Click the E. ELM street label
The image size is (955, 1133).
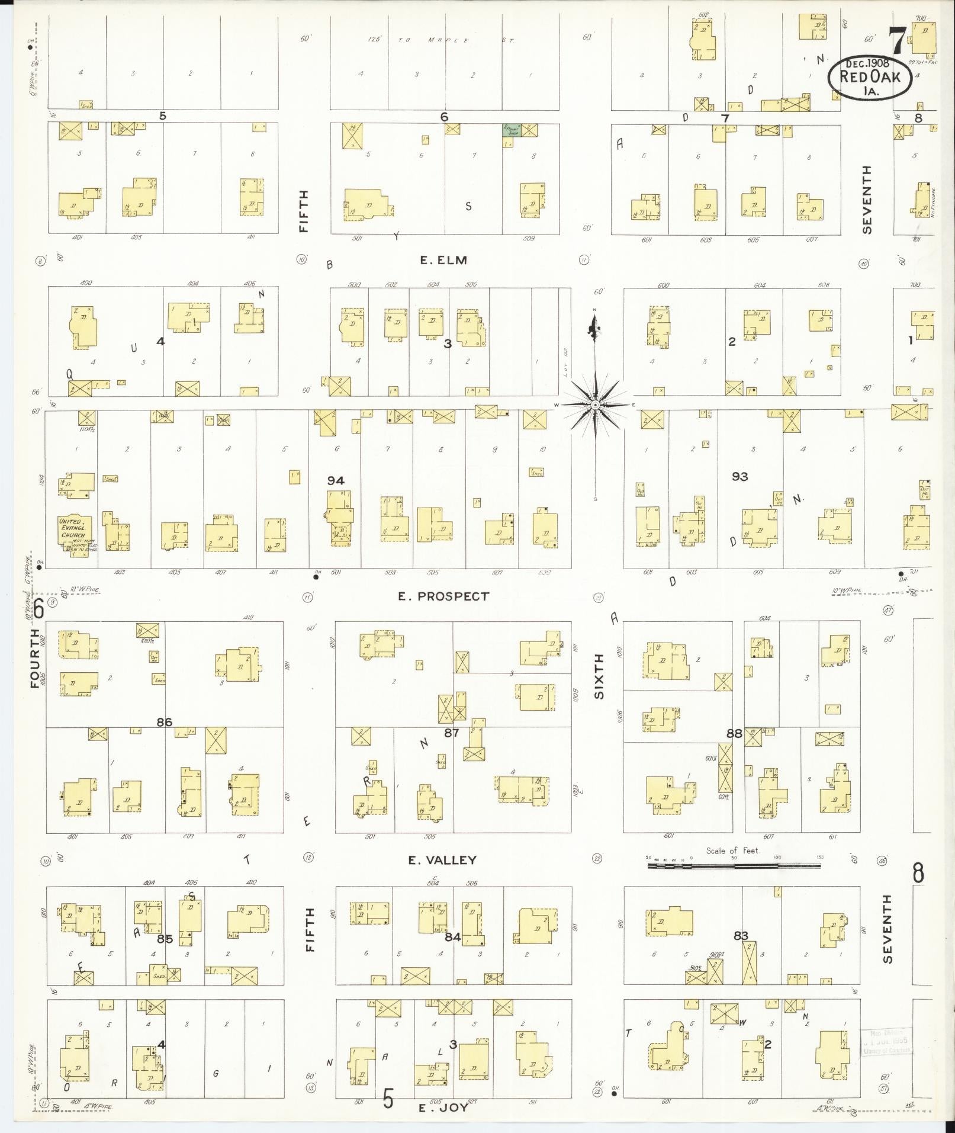click(443, 260)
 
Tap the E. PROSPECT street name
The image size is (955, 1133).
click(443, 596)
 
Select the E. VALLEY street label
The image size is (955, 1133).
click(442, 860)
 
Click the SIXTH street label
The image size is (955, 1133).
click(599, 676)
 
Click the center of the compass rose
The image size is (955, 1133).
click(596, 405)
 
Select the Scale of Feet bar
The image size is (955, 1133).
click(734, 865)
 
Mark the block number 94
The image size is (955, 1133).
click(336, 480)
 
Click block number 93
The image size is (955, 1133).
click(739, 476)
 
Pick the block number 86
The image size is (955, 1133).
click(164, 722)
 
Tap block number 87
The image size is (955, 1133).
click(452, 733)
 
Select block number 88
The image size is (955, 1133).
click(734, 733)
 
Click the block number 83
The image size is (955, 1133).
click(741, 936)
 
